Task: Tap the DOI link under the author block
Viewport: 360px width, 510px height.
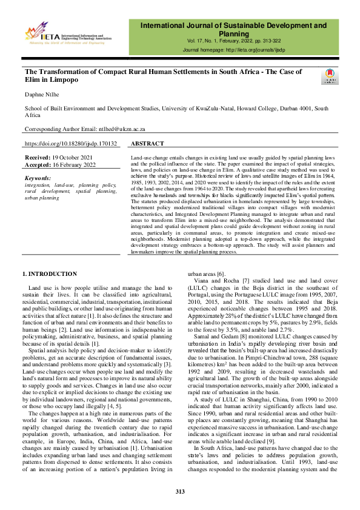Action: (x=70, y=144)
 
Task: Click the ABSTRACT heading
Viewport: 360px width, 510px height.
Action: (x=147, y=144)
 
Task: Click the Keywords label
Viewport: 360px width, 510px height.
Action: (x=38, y=178)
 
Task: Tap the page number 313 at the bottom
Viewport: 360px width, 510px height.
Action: (x=180, y=491)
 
